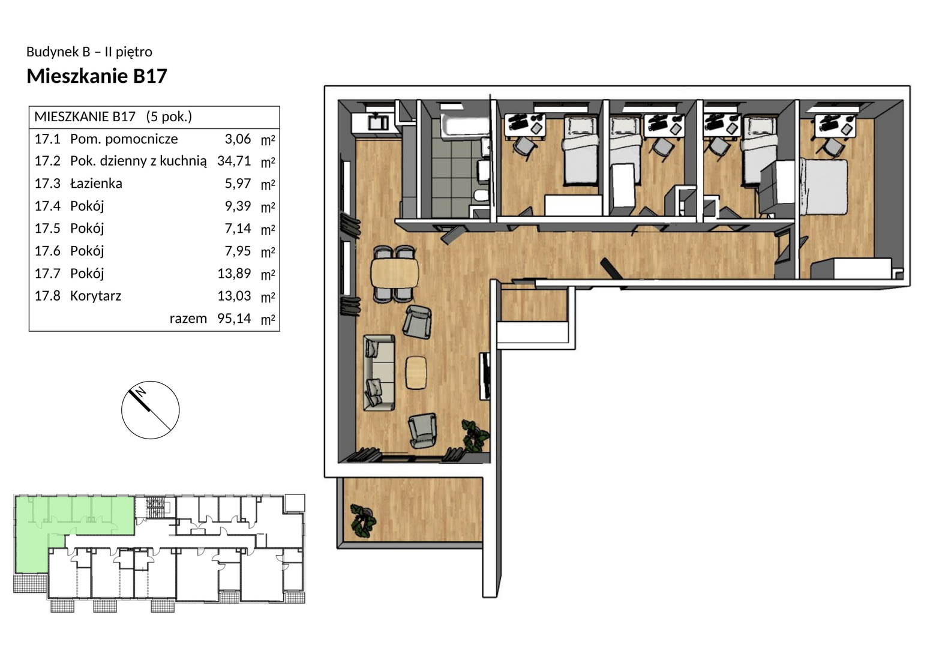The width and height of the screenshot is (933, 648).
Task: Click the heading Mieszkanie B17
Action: point(97,76)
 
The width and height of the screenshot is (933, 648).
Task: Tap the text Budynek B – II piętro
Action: point(89,52)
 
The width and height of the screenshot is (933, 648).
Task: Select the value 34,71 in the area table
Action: point(234,161)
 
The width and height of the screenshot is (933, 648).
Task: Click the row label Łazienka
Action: point(96,183)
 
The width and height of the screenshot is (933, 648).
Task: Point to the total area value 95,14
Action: point(234,318)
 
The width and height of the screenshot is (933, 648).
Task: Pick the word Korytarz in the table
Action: point(95,296)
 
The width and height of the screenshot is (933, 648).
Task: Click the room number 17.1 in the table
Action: point(47,139)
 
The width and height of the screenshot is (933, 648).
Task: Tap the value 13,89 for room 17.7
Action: point(234,273)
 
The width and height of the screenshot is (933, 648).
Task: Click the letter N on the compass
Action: point(141,392)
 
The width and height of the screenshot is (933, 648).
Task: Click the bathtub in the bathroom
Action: point(465,125)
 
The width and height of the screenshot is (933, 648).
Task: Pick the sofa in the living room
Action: point(379,373)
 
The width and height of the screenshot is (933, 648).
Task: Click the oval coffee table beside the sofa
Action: point(416,373)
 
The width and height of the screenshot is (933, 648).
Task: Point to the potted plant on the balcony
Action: point(362,520)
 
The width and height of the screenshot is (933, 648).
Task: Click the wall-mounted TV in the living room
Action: point(485,376)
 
